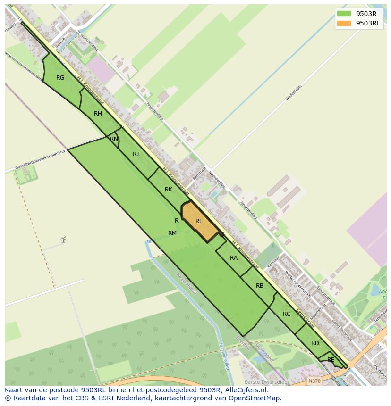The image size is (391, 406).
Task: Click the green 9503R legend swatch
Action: pos(344,14)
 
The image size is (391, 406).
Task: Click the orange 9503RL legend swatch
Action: pos(344,23)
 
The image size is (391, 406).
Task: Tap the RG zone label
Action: pos(60,78)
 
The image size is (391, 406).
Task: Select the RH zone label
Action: pos(98,114)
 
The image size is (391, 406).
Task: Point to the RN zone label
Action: pos(114,139)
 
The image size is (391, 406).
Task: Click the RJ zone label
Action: pos(136,154)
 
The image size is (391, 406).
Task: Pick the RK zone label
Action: pos(169,190)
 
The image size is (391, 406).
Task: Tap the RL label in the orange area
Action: pos(199,221)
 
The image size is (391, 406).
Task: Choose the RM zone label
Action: pos(172,233)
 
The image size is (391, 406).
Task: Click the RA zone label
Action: pos(234,258)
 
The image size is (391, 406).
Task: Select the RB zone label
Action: pos(260,286)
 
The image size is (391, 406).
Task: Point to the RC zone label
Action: pos(287,314)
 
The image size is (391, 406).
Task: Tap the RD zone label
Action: pos(315,343)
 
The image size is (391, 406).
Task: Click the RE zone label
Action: pos(331,360)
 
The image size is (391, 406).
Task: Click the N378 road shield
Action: pos(314,381)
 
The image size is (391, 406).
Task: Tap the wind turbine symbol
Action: pos(63,240)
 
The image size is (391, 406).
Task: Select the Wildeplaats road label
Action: pos(293,93)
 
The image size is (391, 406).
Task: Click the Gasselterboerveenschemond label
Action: pos(40,160)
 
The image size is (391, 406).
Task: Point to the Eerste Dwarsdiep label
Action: pos(265,382)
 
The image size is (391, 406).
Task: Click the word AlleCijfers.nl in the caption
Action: pos(245,390)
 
